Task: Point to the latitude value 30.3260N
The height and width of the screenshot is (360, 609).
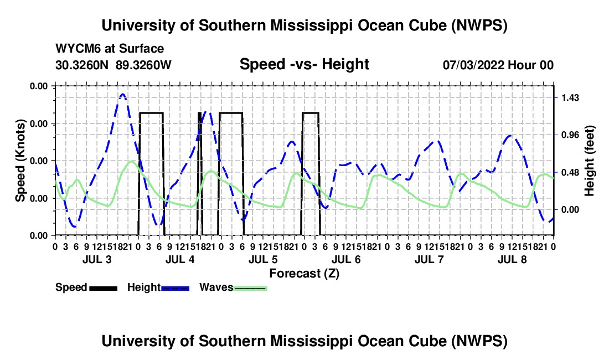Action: click(82, 65)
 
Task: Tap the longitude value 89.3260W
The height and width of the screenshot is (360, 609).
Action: click(143, 65)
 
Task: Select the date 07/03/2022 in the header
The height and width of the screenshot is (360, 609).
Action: click(473, 65)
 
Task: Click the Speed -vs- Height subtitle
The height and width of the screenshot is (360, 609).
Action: click(304, 64)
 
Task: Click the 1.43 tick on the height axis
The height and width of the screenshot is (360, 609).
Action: click(570, 97)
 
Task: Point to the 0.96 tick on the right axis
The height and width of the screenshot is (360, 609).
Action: click(570, 135)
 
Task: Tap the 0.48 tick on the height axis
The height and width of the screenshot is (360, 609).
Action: click(570, 172)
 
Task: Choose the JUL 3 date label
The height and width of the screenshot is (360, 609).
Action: click(97, 259)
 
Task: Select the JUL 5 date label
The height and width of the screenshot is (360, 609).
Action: click(263, 259)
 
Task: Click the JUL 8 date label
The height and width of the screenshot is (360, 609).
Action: click(512, 259)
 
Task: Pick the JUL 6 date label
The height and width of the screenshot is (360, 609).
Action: click(346, 259)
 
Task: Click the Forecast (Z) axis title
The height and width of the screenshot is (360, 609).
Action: click(304, 274)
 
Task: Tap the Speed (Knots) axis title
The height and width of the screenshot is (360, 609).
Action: click(20, 161)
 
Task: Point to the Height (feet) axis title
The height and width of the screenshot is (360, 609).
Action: click(589, 161)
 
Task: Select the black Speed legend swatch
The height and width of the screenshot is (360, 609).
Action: click(103, 288)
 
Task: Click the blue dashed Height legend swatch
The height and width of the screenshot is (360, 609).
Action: click(175, 288)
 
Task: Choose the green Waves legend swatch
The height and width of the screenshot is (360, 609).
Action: click(250, 288)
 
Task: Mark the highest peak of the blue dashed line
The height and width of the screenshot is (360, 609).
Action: click(123, 94)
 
